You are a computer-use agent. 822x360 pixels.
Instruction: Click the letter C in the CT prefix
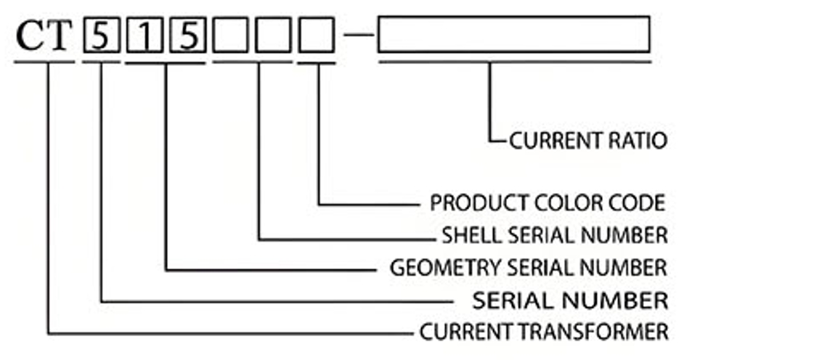31,36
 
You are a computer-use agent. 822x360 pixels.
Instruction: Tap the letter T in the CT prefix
60,36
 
